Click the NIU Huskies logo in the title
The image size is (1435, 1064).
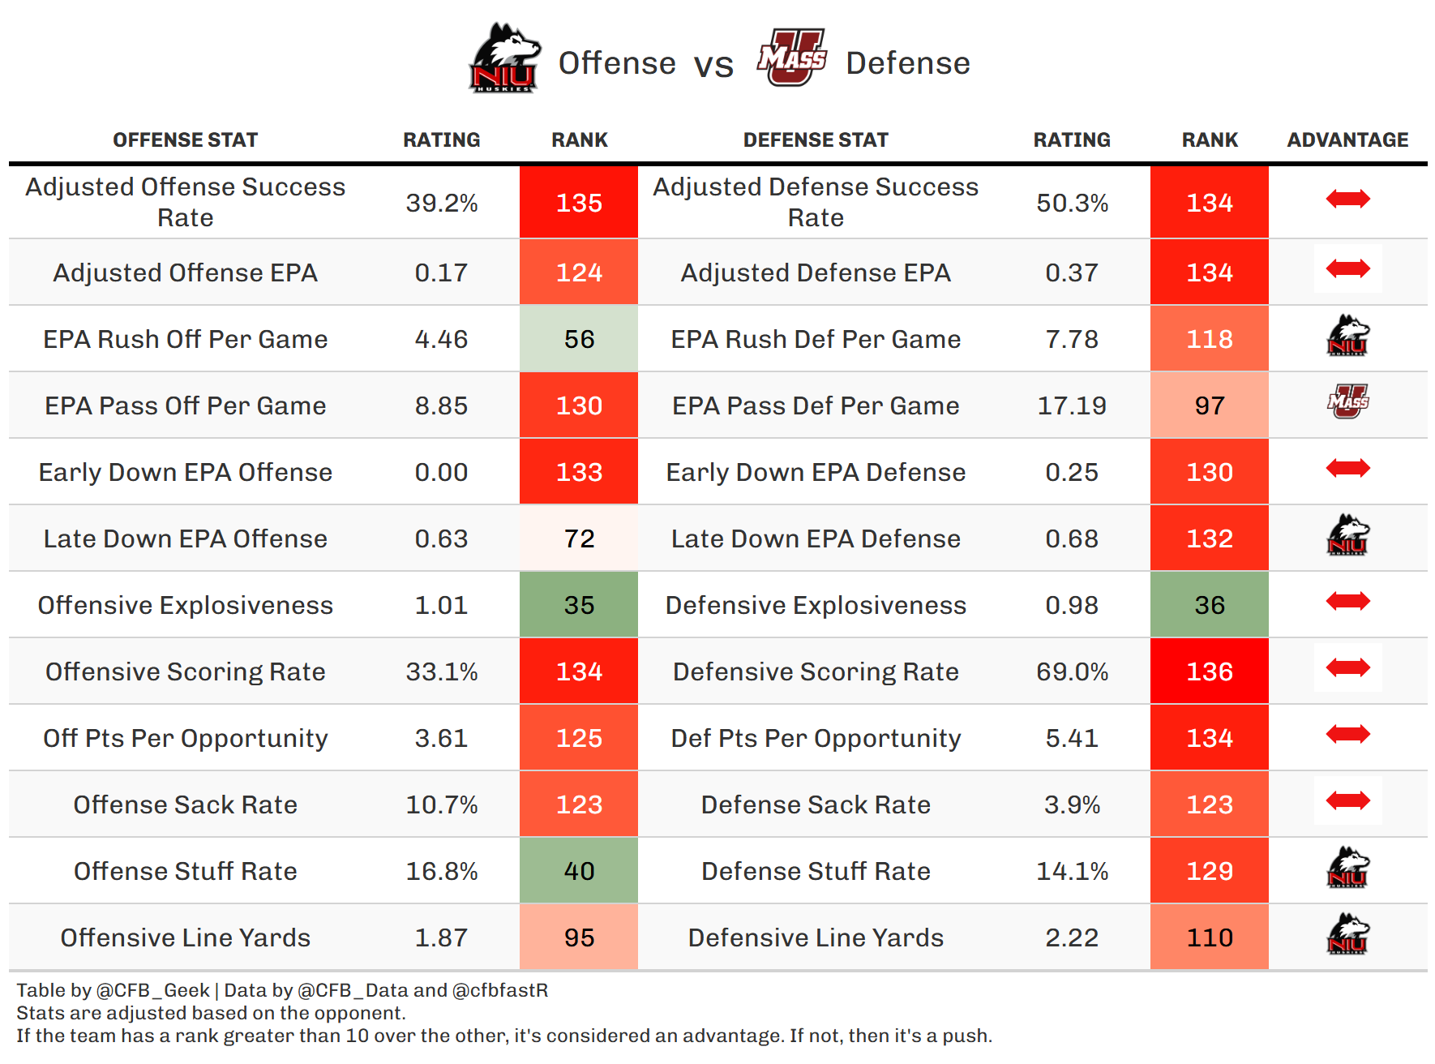pyautogui.click(x=503, y=58)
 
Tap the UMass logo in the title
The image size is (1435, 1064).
pyautogui.click(x=791, y=58)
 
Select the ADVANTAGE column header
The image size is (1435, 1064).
pyautogui.click(x=1347, y=140)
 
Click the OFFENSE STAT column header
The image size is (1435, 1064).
pyautogui.click(x=185, y=140)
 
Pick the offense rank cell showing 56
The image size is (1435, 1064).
pyautogui.click(x=579, y=339)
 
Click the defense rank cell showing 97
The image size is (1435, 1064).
pyautogui.click(x=1209, y=405)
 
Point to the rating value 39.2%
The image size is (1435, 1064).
pyautogui.click(x=442, y=203)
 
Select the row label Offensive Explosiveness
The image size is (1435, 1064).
pyautogui.click(x=185, y=605)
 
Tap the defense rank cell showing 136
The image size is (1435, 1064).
pyautogui.click(x=1209, y=671)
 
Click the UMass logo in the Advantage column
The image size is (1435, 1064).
pyautogui.click(x=1347, y=401)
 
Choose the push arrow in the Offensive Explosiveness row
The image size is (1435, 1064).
pyautogui.click(x=1347, y=601)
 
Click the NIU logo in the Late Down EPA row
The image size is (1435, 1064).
pyautogui.click(x=1347, y=535)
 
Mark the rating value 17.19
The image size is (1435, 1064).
pyautogui.click(x=1072, y=405)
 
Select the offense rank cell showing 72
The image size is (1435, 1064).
pyautogui.click(x=579, y=538)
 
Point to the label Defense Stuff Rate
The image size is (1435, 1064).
pyautogui.click(x=816, y=871)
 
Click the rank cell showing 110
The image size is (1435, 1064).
pyautogui.click(x=1209, y=937)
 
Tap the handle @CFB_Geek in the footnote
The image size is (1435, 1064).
pyautogui.click(x=152, y=990)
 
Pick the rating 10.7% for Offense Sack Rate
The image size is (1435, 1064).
pyautogui.click(x=442, y=804)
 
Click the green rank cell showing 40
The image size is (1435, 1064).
pyautogui.click(x=579, y=871)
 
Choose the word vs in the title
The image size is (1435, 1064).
pyautogui.click(x=713, y=65)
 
